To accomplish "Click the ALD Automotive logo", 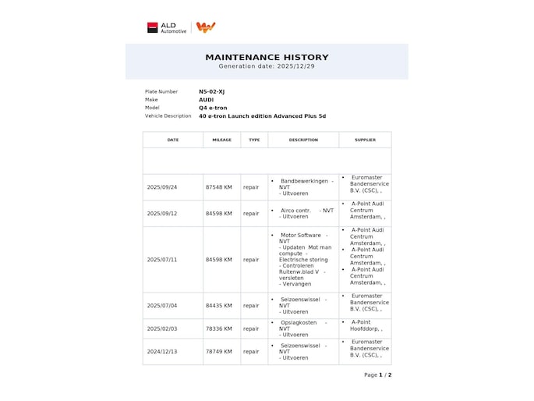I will [167, 27].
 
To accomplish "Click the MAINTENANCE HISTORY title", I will [267, 57].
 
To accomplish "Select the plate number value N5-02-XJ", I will [211, 91].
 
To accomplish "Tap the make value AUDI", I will [206, 100].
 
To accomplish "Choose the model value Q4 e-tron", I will [213, 108].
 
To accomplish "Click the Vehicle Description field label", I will [168, 115].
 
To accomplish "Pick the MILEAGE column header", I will [221, 140].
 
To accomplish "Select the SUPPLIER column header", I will [365, 140].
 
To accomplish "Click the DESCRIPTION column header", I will [303, 140].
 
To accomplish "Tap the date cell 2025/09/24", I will [162, 187].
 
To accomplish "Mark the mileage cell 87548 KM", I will [219, 187].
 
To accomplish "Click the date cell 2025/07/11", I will [162, 260].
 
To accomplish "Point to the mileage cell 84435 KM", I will [219, 306].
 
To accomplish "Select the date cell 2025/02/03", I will [162, 329].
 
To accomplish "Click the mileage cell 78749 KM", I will [219, 352].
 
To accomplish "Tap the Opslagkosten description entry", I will [299, 322].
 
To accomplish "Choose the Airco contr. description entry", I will [296, 210].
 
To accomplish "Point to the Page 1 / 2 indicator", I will [377, 375].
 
